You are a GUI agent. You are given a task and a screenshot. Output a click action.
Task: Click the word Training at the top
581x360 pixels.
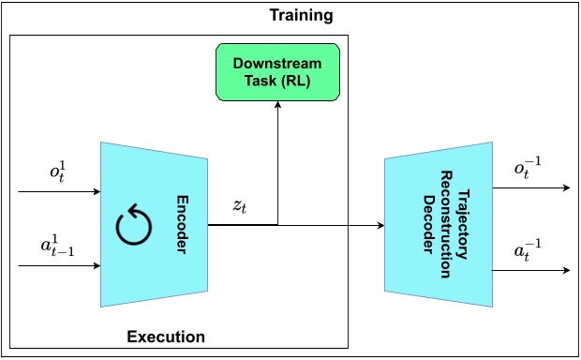click(301, 16)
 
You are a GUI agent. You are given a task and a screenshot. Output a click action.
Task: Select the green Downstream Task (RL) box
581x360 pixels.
click(276, 73)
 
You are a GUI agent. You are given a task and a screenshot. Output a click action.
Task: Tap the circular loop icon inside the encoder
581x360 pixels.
click(132, 226)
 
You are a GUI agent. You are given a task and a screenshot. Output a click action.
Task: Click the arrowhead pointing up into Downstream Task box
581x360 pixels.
click(277, 106)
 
